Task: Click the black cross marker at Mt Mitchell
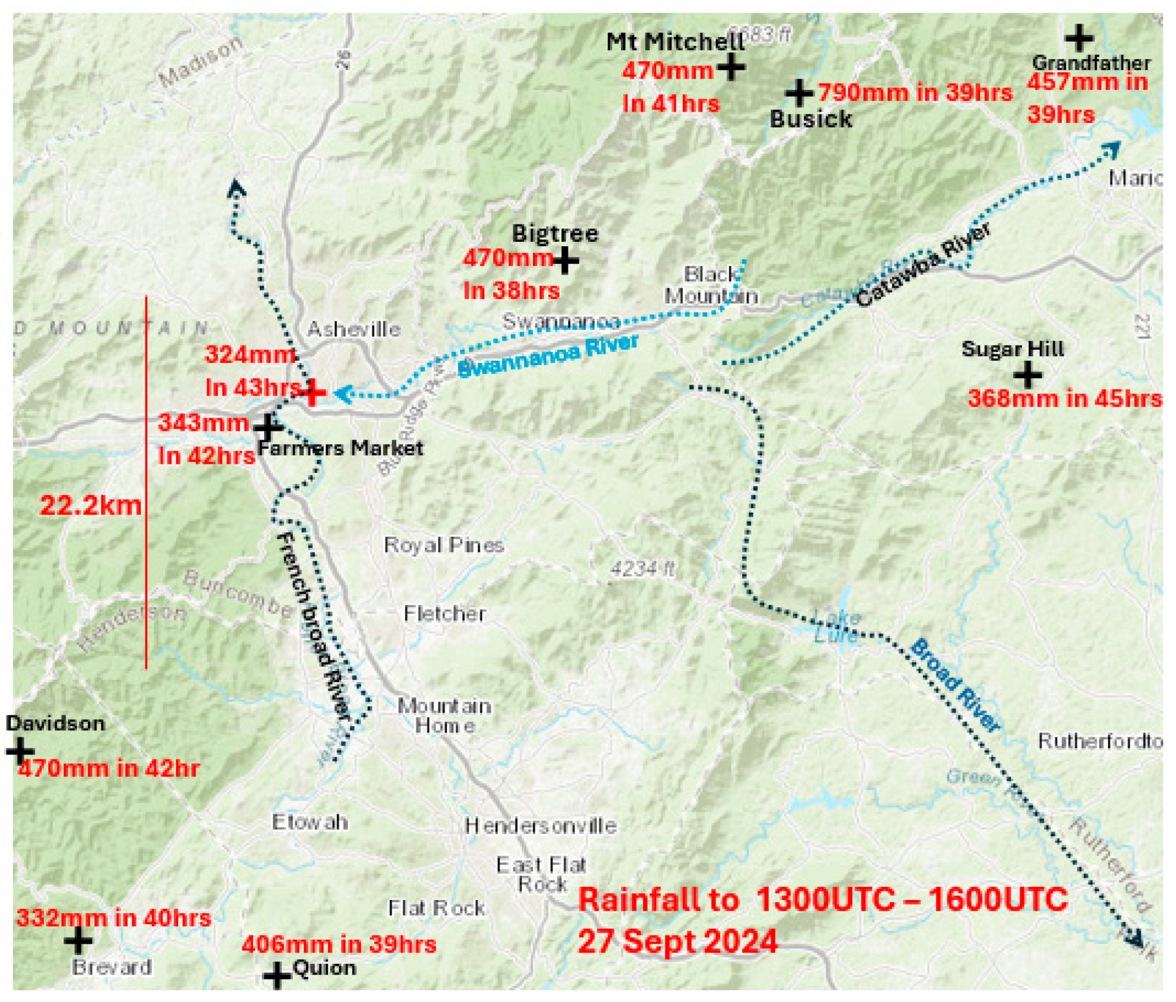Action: pos(731,68)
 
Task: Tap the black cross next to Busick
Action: pos(798,93)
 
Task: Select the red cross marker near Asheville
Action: pos(313,392)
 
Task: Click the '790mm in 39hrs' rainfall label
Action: pos(915,93)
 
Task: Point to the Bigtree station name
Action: pos(555,234)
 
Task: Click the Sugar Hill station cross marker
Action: pos(1027,374)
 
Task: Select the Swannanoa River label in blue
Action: pos(548,355)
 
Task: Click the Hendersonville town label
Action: pos(541,825)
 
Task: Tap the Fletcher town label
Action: pos(445,613)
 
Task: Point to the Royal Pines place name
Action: pos(444,545)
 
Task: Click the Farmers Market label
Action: pos(341,449)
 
